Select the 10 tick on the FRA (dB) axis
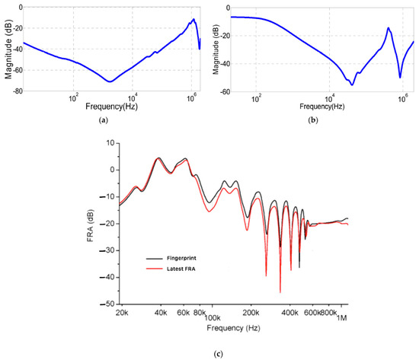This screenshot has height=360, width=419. coord(110,143)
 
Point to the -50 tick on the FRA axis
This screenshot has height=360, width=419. coord(109,304)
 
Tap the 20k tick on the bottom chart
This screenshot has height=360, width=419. coord(121,313)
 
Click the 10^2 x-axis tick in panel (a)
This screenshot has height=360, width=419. coord(74,99)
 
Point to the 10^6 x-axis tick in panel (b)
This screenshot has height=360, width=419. coord(401,99)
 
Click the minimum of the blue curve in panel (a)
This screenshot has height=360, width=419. coord(110,81)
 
